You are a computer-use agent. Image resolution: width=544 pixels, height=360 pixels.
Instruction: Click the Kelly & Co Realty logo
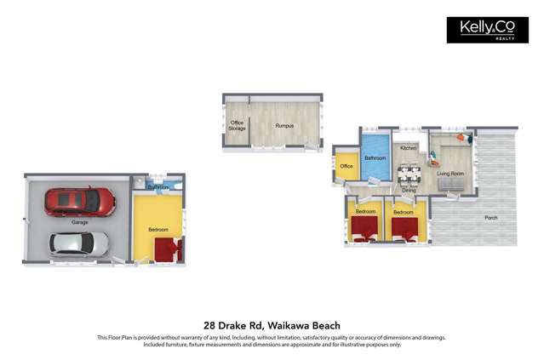click(486, 30)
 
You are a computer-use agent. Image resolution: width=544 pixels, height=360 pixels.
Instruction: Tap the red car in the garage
click(80, 201)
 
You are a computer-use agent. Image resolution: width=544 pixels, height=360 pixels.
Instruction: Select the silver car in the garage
click(78, 244)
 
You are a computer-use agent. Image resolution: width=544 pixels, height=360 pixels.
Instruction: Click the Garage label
click(81, 222)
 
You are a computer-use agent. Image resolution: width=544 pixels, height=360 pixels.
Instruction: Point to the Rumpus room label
click(284, 126)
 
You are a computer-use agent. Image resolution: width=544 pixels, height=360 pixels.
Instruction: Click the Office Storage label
click(237, 126)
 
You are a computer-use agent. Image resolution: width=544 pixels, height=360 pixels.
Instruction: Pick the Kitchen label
click(409, 148)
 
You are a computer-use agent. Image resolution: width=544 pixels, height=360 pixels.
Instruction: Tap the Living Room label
click(450, 174)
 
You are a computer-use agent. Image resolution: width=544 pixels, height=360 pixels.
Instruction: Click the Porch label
click(491, 218)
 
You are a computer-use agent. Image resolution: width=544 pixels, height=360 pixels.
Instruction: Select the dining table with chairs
click(409, 174)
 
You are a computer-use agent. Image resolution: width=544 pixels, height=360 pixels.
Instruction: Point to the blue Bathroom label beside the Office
click(375, 158)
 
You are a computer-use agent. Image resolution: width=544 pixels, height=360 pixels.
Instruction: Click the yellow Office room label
click(346, 166)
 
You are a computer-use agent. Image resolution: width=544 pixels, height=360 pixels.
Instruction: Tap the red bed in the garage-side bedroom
click(168, 249)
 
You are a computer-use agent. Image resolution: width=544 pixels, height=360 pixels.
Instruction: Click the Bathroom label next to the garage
click(157, 187)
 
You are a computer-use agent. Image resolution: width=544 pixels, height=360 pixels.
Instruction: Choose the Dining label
click(409, 190)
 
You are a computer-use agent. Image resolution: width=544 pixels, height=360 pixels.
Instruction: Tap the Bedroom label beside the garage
click(157, 229)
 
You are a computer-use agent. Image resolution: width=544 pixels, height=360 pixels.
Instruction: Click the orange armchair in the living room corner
click(461, 137)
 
